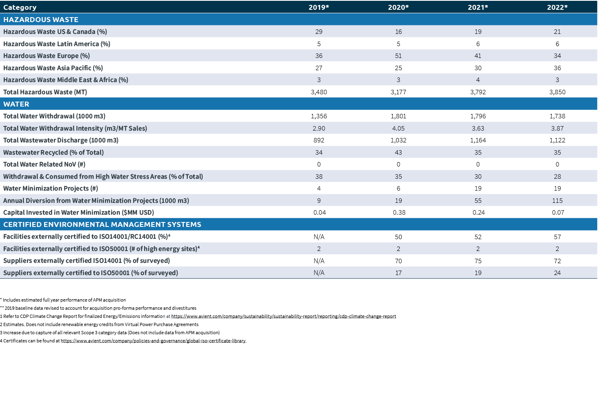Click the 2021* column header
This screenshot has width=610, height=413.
(478, 7)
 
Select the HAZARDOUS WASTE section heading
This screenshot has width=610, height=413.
(41, 20)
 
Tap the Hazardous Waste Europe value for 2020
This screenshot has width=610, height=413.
(398, 56)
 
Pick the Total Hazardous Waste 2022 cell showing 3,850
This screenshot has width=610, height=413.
(557, 92)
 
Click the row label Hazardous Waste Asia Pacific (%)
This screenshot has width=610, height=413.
(53, 68)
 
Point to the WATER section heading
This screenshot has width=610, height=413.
(16, 104)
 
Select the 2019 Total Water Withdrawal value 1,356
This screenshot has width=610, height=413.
(318, 116)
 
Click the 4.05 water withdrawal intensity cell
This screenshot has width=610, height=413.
(398, 129)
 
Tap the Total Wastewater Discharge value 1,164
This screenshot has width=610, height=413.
(478, 140)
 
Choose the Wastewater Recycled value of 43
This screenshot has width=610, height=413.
(398, 153)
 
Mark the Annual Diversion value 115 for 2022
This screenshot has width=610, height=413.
(557, 201)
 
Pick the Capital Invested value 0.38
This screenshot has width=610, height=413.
(399, 213)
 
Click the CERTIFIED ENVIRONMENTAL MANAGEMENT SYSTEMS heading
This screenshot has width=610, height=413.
(102, 224)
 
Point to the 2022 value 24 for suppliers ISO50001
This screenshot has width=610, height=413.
(557, 273)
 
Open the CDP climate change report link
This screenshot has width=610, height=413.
(283, 316)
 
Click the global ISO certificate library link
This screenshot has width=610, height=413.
(153, 341)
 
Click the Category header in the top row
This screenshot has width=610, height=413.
(20, 7)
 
